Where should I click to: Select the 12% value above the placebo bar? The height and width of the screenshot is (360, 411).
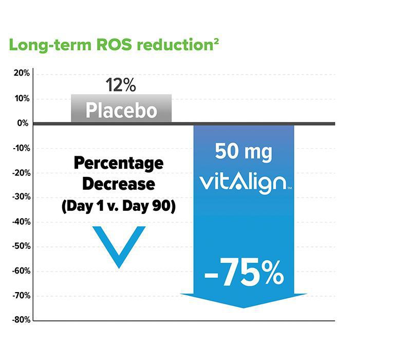click(x=121, y=84)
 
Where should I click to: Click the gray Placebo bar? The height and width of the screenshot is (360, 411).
click(x=121, y=110)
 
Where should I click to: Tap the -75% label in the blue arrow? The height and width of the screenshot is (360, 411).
click(x=244, y=275)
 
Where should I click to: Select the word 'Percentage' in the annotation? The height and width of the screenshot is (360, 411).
click(x=119, y=164)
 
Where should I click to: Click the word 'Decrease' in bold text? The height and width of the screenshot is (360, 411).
click(x=119, y=185)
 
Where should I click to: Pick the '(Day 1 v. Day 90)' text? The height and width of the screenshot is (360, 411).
click(x=119, y=206)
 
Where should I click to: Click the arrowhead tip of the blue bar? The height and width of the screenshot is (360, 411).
click(x=244, y=307)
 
